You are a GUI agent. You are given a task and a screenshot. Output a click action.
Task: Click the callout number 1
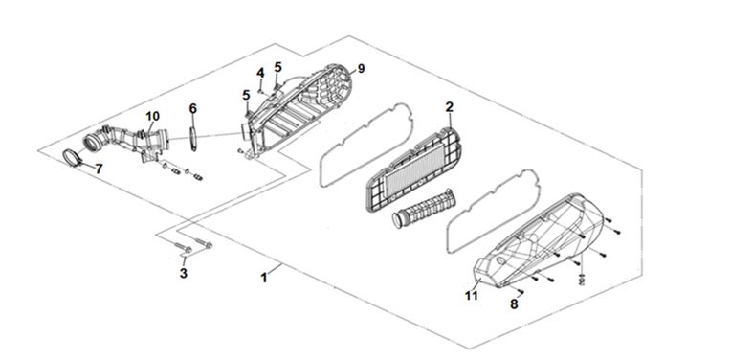coord(264,279)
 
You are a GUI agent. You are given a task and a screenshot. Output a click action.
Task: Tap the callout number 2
coord(449,107)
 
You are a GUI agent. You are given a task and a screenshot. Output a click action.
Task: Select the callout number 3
coord(184,273)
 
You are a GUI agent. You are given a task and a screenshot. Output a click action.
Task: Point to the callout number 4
coord(260,73)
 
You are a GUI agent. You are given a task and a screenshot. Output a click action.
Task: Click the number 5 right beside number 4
coord(277,67)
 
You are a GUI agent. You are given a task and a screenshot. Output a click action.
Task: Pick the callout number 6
coord(193,108)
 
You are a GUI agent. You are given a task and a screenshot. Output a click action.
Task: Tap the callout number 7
coord(99,169)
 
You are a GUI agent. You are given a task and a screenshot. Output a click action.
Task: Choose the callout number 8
coord(514,304)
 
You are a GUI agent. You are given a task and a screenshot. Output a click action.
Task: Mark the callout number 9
coord(361,69)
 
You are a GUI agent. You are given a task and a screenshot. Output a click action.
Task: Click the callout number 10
coord(152,116)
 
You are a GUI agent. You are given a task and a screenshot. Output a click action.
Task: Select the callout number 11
coord(472,296)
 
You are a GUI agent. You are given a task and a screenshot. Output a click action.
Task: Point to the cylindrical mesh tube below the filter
coord(423,208)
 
